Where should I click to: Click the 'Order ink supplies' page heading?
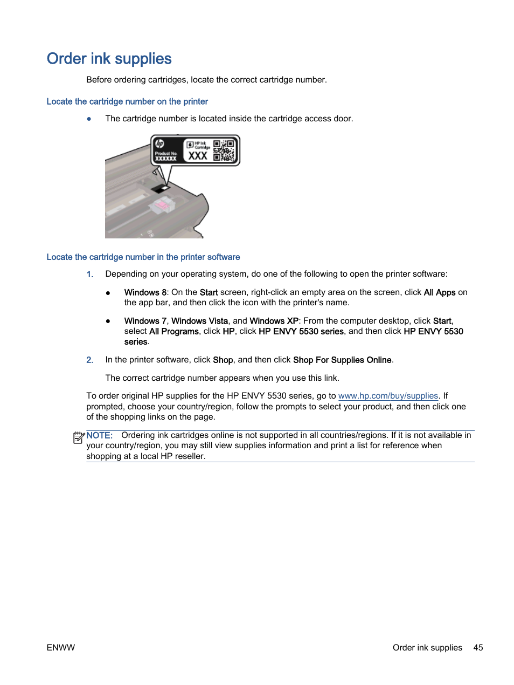click(x=109, y=59)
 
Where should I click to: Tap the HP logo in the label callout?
click(x=159, y=143)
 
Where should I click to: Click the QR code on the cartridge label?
click(x=224, y=150)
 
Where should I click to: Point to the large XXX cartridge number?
click(x=198, y=155)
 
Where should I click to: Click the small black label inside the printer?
click(x=159, y=189)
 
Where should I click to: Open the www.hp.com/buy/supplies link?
click(x=388, y=396)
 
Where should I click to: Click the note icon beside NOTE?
click(x=79, y=437)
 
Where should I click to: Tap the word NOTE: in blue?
click(x=100, y=435)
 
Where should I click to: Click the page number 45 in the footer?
click(x=478, y=647)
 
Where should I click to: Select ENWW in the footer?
click(x=61, y=647)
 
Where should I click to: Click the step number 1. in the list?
click(x=90, y=274)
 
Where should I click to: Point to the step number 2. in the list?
click(x=90, y=360)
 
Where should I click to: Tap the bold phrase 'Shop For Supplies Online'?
click(x=342, y=360)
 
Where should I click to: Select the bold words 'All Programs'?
click(x=173, y=331)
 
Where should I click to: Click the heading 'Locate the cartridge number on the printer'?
click(x=127, y=101)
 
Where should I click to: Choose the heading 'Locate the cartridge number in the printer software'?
click(x=143, y=257)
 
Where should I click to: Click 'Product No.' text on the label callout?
click(x=166, y=153)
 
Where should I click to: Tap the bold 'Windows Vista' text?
click(x=199, y=321)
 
